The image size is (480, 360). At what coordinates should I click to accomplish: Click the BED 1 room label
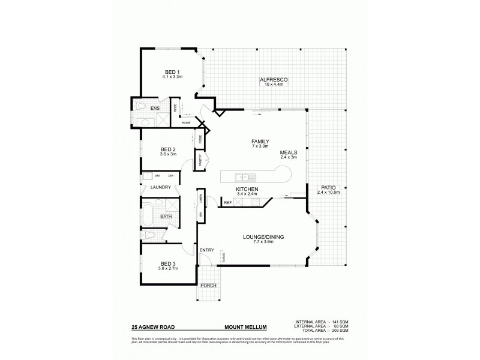(172, 73)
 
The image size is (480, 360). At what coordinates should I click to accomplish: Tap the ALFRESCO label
(275, 80)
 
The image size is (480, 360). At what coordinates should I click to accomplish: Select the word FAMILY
(259, 141)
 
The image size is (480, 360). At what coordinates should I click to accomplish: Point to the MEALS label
(289, 152)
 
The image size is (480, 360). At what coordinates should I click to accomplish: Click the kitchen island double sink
(245, 176)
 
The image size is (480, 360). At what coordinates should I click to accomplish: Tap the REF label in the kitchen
(228, 203)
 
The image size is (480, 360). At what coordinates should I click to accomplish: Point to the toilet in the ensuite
(139, 106)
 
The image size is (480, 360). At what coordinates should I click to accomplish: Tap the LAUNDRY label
(161, 187)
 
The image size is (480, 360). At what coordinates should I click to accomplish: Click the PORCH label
(208, 285)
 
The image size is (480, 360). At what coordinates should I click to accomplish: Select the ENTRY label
(206, 250)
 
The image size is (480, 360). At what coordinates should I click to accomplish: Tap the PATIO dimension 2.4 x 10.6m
(329, 192)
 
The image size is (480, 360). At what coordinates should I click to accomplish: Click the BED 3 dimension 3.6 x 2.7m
(168, 269)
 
